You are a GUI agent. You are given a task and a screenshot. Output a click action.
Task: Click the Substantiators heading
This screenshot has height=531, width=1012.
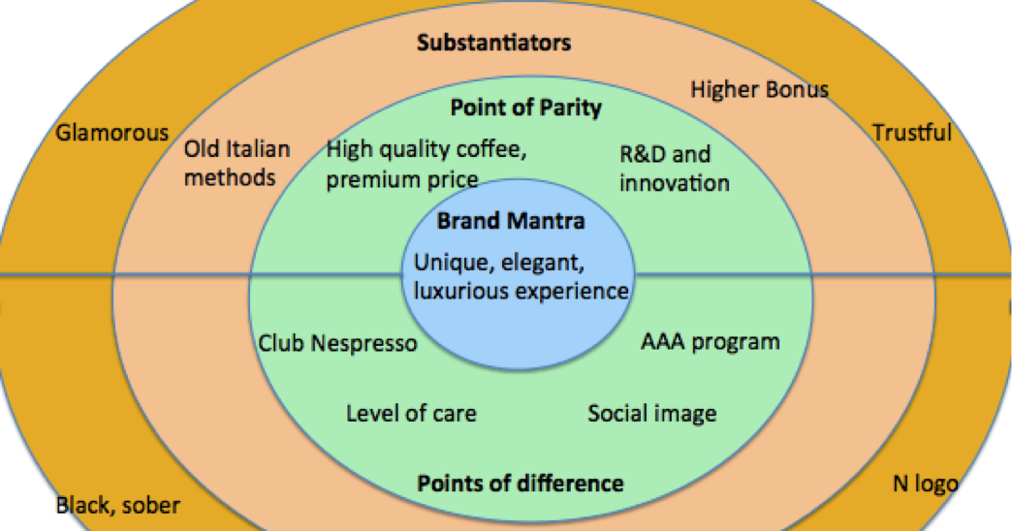point(493,43)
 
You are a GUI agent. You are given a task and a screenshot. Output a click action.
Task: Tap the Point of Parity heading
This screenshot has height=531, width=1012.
point(526,108)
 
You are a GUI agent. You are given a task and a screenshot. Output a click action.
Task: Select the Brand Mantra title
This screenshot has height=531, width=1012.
point(511,221)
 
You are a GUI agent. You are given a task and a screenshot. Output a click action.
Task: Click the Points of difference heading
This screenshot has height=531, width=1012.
point(521,484)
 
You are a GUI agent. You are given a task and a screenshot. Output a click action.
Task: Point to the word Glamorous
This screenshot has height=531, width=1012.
point(111,133)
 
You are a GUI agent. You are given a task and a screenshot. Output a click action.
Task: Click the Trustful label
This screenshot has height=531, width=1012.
point(912,133)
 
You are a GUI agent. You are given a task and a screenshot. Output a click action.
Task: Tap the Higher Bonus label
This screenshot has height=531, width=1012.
point(759,90)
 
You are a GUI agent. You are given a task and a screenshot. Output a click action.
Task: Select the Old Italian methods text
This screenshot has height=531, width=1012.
point(237,163)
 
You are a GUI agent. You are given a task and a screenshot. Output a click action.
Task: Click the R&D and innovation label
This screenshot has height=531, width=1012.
point(675,169)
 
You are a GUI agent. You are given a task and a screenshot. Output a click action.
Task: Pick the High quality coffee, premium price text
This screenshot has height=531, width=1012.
point(426,165)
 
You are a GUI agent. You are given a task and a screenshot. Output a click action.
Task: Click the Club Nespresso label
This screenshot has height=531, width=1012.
point(337,343)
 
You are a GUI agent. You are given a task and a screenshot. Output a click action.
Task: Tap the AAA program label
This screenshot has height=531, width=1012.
point(710,341)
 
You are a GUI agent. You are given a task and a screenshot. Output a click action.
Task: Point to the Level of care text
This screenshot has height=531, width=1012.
point(411,413)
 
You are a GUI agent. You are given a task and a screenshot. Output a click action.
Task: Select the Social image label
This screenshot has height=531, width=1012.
point(651,414)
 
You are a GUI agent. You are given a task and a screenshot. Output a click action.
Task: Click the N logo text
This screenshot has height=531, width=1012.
point(925,484)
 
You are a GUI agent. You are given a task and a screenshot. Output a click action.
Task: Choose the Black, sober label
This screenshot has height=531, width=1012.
point(117,505)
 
